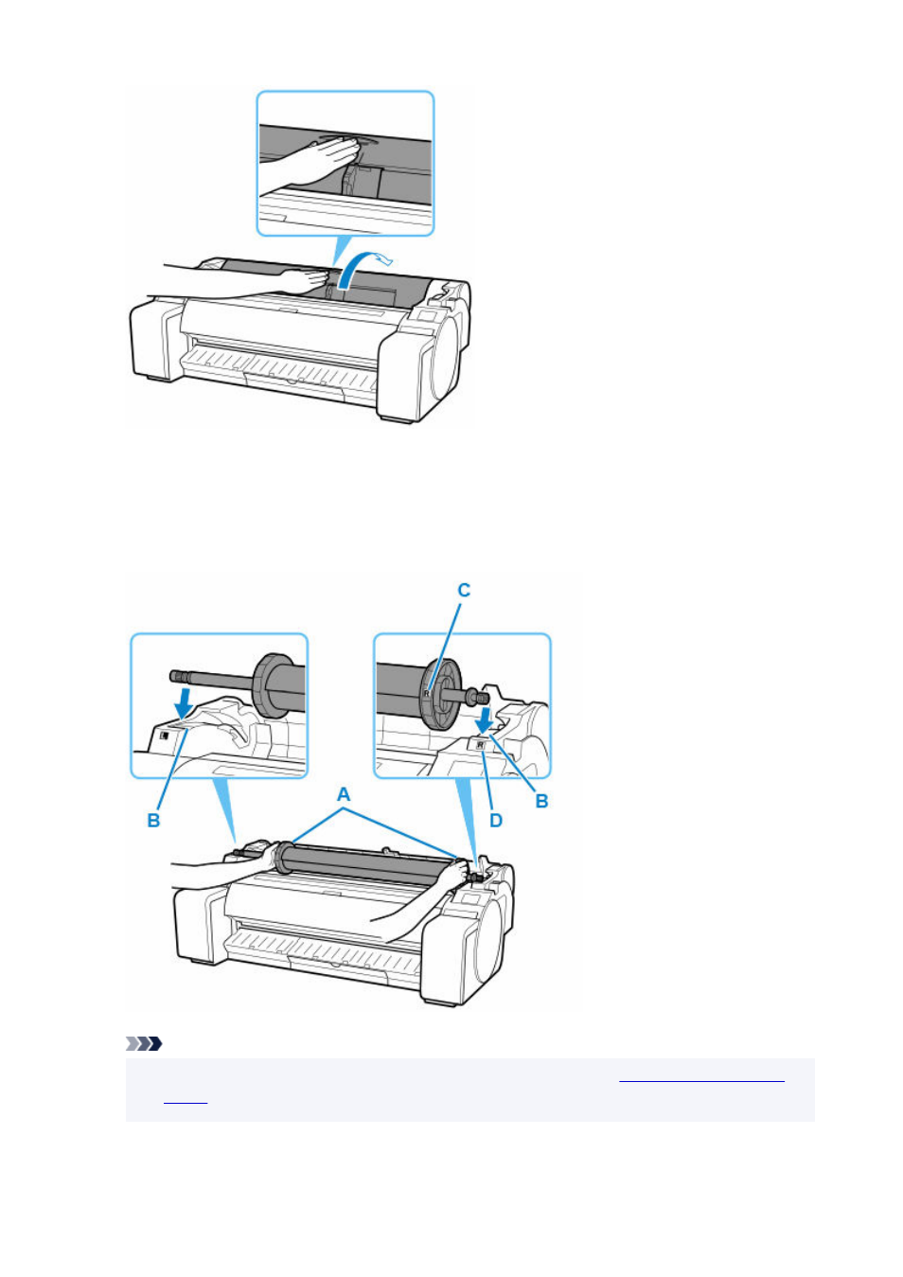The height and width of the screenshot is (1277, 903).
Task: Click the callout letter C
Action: pos(464,590)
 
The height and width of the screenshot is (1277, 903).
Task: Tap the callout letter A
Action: pos(344,794)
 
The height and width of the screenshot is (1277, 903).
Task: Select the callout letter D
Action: pos(495,821)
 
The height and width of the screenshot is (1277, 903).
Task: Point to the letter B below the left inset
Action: pos(153,821)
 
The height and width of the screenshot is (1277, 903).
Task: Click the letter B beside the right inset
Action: pos(541,801)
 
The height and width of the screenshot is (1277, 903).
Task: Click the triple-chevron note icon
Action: pos(144,1044)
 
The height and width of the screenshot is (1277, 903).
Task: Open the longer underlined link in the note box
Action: pos(701,1079)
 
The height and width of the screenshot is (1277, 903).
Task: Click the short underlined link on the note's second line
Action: pos(186,1099)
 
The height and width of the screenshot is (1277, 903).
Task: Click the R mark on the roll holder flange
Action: pos(426,693)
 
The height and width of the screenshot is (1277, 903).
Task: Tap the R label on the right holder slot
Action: pos(480,745)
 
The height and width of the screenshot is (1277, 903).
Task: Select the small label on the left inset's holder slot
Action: pos(165,736)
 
